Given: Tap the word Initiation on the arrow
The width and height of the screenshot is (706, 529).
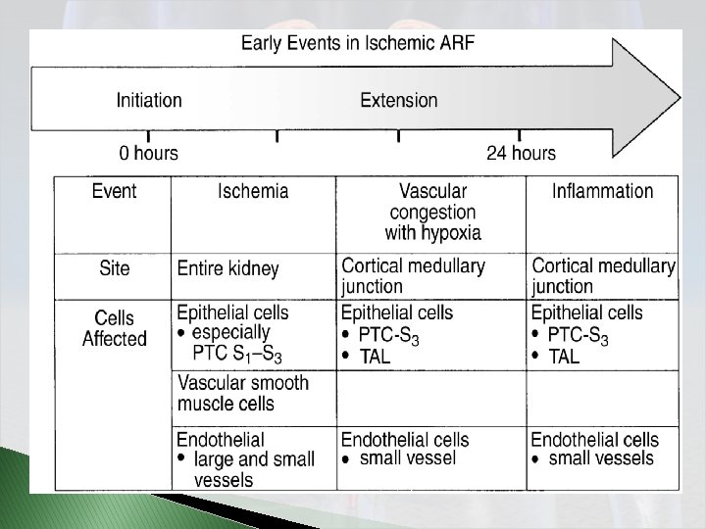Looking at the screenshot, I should (x=149, y=100).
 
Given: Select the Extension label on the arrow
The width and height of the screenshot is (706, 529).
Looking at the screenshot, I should (x=399, y=100).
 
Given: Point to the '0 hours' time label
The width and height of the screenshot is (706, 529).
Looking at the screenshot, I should (x=149, y=153).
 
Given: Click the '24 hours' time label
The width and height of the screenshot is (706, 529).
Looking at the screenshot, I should (x=521, y=153).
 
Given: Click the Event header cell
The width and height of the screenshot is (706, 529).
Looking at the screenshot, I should (x=114, y=190).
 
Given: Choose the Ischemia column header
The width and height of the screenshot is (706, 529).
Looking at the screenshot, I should (x=253, y=190).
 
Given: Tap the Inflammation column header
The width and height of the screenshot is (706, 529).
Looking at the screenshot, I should (x=602, y=190).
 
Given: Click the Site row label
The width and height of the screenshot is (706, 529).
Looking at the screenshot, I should (x=114, y=267).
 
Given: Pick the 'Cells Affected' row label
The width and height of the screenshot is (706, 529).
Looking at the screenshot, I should (x=114, y=328).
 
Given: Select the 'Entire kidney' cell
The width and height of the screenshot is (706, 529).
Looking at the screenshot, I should (x=227, y=268).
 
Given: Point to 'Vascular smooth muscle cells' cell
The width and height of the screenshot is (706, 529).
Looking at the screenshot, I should (x=242, y=393).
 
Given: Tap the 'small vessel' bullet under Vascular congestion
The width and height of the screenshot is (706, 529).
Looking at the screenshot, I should (x=407, y=458).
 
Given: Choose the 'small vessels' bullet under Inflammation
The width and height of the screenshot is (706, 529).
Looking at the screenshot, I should (x=600, y=458).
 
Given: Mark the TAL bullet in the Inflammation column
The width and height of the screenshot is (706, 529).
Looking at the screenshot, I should (x=564, y=358).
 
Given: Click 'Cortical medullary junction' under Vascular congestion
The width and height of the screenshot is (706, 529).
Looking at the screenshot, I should (x=413, y=276).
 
